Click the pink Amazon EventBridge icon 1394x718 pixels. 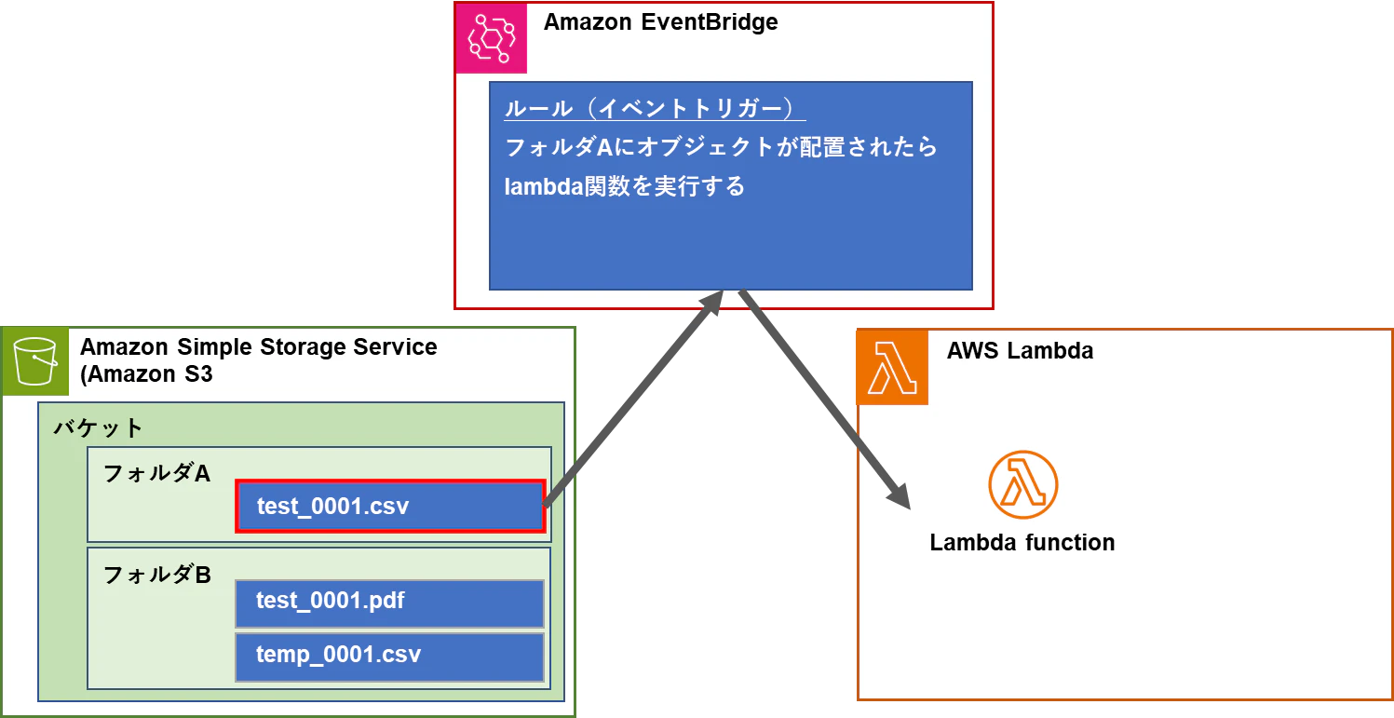coord(491,38)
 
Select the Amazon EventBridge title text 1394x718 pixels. coord(660,22)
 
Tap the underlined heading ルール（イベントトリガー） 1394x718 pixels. coord(655,108)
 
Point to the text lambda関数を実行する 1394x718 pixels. coord(624,186)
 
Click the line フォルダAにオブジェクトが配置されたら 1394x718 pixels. coord(721,147)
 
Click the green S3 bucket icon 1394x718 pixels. coord(35,361)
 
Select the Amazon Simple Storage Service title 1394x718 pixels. coord(258,346)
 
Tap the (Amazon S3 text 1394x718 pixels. coord(146,374)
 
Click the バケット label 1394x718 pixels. coord(99,428)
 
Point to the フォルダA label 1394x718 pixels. coord(156,473)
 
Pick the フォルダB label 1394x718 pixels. coord(157,575)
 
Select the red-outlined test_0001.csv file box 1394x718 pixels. coord(390,506)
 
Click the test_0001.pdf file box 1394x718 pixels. coord(389,603)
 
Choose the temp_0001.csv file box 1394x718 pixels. coord(389,657)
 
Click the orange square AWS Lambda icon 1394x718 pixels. coord(892,367)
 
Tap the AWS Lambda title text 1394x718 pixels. coord(1020,351)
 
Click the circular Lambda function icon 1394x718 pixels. coord(1023,484)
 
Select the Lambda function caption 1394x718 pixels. coord(1022,543)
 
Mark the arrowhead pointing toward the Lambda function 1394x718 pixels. coord(900,496)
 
